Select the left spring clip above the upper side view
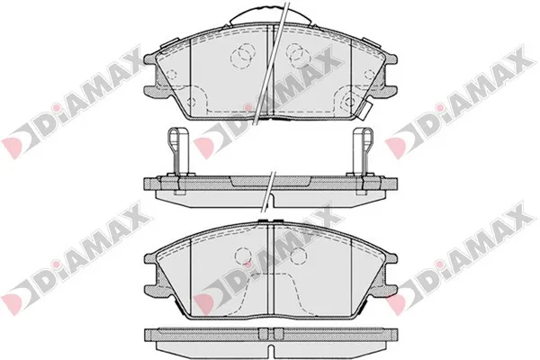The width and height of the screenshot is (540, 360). click(177, 151)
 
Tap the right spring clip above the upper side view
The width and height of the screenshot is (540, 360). click(363, 151)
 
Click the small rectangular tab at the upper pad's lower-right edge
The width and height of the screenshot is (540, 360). click(365, 111)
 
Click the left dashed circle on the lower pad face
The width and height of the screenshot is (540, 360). click(243, 256)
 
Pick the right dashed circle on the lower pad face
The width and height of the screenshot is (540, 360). click(298, 256)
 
